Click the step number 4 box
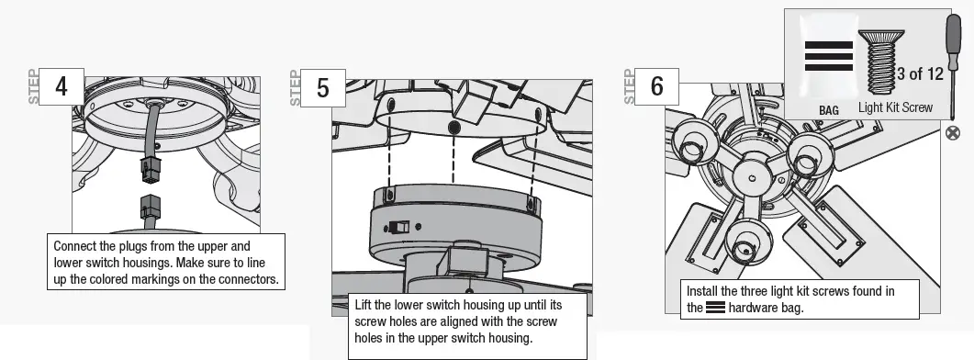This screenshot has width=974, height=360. tap(62, 86)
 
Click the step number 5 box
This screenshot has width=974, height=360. tap(322, 88)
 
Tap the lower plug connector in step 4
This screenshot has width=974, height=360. tap(150, 207)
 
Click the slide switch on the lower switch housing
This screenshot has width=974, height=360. tap(399, 226)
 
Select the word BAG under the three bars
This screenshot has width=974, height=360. tap(829, 109)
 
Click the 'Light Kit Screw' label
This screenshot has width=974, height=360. tap(895, 107)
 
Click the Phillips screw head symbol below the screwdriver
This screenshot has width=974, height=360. tap(953, 133)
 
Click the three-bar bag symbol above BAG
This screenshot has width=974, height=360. tap(828, 57)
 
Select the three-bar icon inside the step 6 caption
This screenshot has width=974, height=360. tap(716, 308)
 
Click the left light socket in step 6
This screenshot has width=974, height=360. tap(690, 143)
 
